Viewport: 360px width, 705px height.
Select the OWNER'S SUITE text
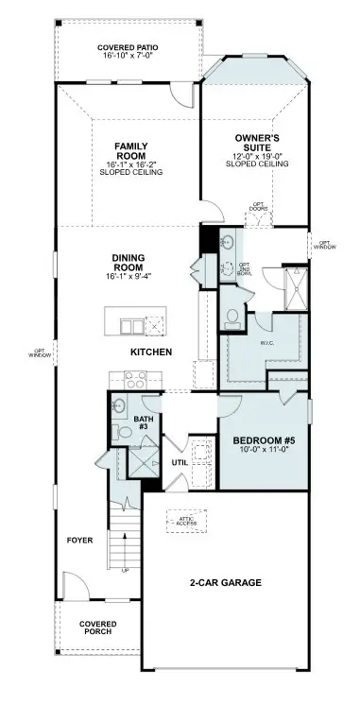pyautogui.click(x=255, y=143)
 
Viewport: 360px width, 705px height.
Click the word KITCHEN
pyautogui.click(x=151, y=352)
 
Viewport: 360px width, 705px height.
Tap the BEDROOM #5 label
pyautogui.click(x=263, y=438)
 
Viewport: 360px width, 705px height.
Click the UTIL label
pyautogui.click(x=180, y=463)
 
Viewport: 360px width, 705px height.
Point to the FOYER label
pyautogui.click(x=79, y=541)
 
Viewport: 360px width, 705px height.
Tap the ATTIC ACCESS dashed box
pyautogui.click(x=185, y=519)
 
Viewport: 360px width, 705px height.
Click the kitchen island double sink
pyautogui.click(x=131, y=326)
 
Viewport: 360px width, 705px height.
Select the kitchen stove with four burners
pyautogui.click(x=135, y=381)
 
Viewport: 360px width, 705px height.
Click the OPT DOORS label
pyautogui.click(x=258, y=208)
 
